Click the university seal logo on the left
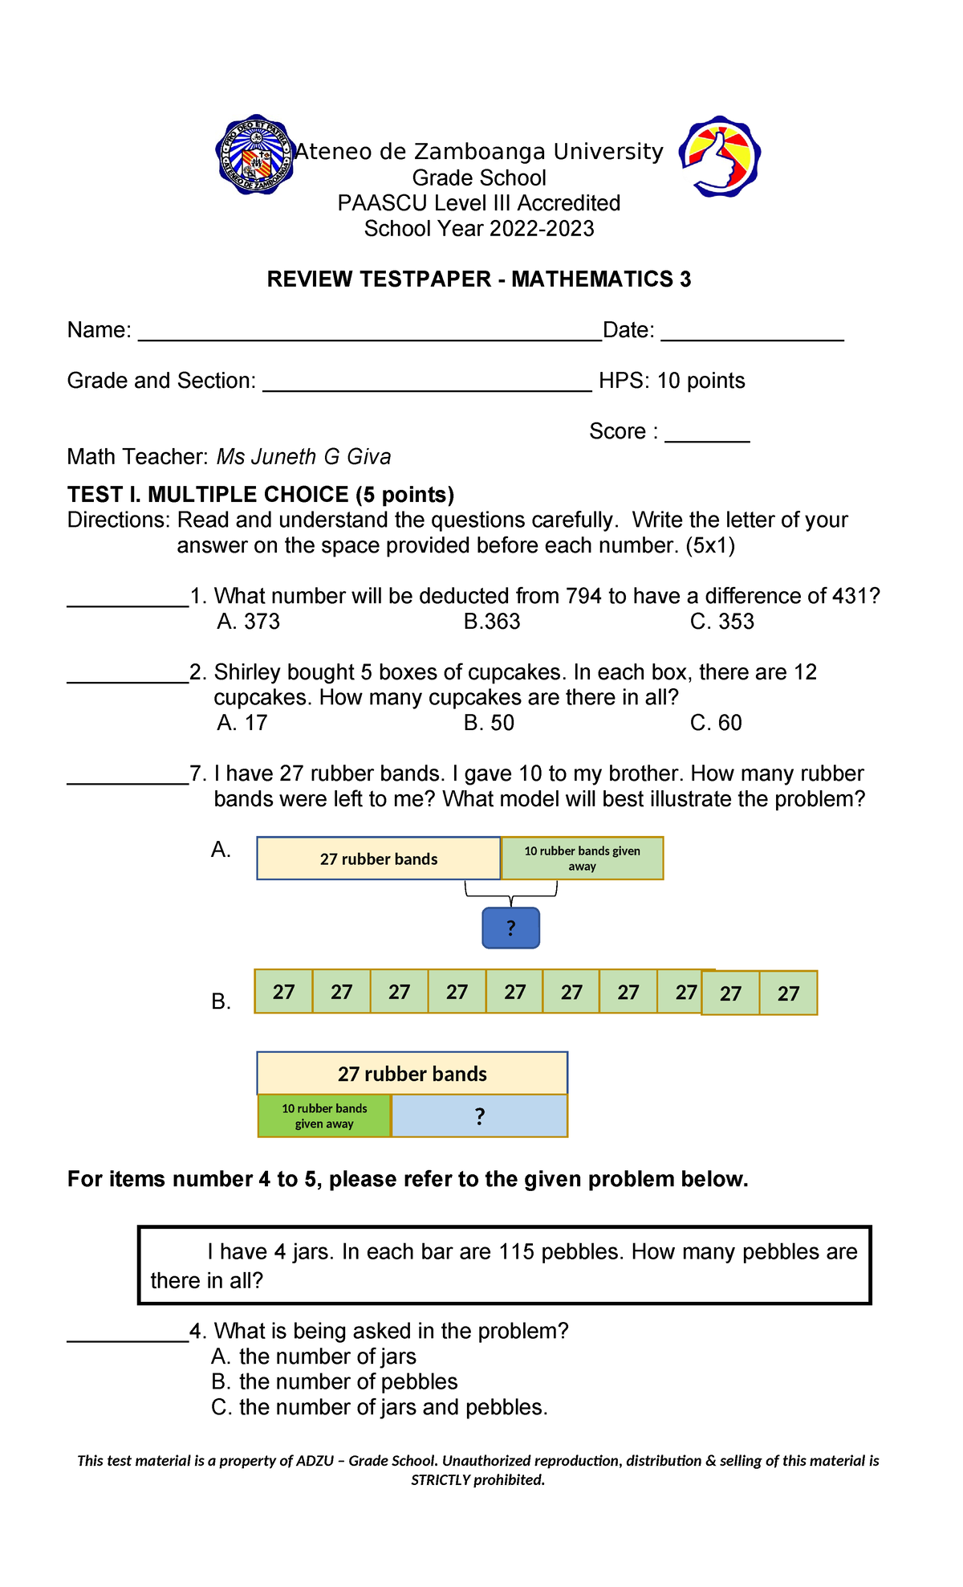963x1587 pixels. click(x=255, y=155)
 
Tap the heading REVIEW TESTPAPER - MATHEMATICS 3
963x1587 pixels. click(x=478, y=279)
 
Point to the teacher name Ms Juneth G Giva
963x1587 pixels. click(x=304, y=457)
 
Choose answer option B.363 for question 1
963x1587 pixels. click(x=492, y=622)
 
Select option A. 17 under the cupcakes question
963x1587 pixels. click(x=242, y=723)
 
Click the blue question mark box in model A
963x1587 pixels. click(x=510, y=928)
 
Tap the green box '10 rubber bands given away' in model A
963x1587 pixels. click(x=582, y=859)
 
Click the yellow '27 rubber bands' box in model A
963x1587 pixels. click(x=378, y=859)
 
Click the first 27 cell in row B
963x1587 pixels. click(x=283, y=992)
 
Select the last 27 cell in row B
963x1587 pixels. click(x=788, y=993)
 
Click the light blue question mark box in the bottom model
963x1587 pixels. click(x=479, y=1116)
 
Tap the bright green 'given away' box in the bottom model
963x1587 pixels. click(x=324, y=1116)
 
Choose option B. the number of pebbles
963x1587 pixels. click(x=335, y=1382)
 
